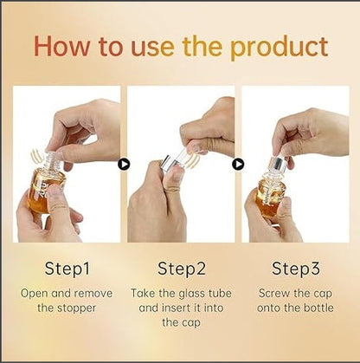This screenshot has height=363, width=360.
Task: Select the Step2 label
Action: (x=180, y=268)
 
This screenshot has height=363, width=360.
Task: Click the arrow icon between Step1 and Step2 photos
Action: (x=124, y=163)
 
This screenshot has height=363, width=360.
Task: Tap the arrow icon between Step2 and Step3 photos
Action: (x=238, y=163)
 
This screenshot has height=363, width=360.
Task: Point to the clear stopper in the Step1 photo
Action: (x=53, y=159)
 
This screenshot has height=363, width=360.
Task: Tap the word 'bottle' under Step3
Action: (x=318, y=308)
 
